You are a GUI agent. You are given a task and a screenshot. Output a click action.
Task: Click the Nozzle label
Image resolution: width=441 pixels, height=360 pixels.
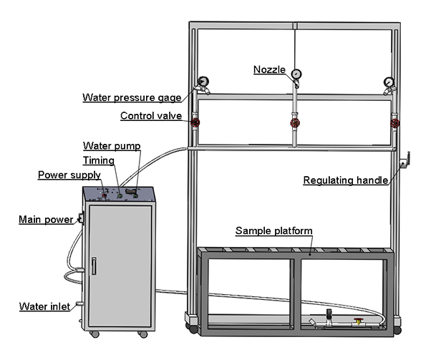point(269,69)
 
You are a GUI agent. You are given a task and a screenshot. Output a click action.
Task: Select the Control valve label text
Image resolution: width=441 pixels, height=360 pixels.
point(150,115)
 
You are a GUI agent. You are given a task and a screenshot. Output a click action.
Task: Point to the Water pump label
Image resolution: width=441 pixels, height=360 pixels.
point(112,145)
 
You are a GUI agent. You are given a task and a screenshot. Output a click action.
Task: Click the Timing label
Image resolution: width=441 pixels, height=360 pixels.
point(97,160)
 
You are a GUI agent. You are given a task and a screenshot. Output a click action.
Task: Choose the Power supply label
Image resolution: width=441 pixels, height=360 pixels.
point(69,175)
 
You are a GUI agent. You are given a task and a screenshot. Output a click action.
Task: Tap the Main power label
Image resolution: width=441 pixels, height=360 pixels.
point(45,219)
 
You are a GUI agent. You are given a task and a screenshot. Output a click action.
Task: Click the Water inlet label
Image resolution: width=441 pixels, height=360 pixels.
point(44,307)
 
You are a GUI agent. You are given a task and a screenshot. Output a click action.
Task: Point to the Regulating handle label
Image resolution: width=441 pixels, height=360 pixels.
point(346,180)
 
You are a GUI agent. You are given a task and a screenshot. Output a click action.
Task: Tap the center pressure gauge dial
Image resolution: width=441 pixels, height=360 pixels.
point(295,72)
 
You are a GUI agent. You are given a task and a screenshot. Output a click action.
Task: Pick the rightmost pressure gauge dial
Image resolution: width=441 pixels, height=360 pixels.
point(389,82)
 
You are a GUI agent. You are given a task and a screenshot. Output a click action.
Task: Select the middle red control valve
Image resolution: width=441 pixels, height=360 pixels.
point(294,123)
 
